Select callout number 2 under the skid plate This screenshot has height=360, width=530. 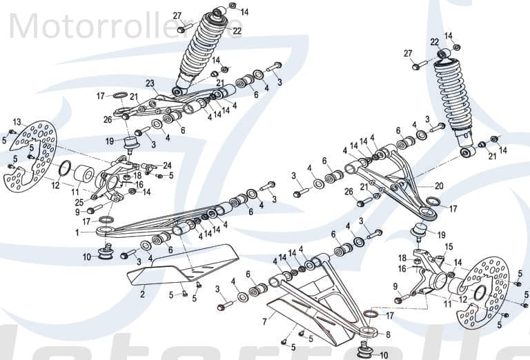click(x=142, y=294)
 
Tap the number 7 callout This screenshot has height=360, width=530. click(x=264, y=321)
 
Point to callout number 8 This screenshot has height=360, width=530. click(x=388, y=334)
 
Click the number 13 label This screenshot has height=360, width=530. click(x=17, y=121)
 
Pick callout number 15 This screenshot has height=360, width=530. click(x=449, y=246)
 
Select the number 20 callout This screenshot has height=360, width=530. click(x=439, y=186)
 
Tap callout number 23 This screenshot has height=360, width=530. click(x=150, y=84)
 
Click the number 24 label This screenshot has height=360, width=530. click(x=167, y=165)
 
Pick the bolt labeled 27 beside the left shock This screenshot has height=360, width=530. click(x=182, y=30)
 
